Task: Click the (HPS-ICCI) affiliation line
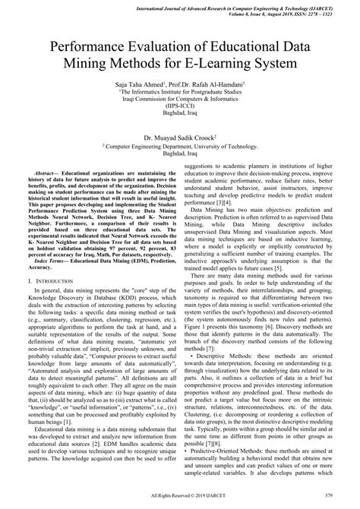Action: (x=179, y=106)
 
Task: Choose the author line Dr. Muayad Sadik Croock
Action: (x=179, y=140)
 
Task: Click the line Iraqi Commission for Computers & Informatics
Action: (x=179, y=97)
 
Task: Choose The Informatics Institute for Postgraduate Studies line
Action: (x=179, y=89)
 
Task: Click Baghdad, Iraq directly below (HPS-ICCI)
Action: (x=179, y=114)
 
